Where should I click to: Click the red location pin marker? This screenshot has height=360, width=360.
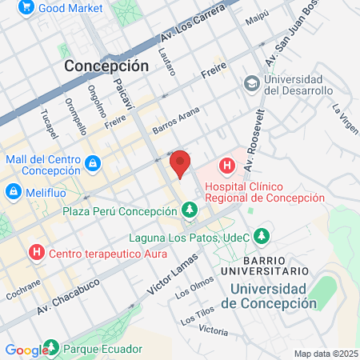(x=181, y=164)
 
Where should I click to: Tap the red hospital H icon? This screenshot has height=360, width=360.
(x=228, y=167)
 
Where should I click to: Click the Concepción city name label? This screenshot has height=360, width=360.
(x=106, y=66)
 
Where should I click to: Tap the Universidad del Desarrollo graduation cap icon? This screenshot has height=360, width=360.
(x=252, y=83)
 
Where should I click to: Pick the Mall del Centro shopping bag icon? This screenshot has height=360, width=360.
(x=93, y=164)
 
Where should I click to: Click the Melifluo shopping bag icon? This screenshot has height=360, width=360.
(x=14, y=192)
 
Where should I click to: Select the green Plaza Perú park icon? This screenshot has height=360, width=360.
(x=190, y=210)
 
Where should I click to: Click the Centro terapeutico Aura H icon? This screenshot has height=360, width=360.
(x=36, y=254)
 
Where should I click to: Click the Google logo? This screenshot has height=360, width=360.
(x=26, y=350)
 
